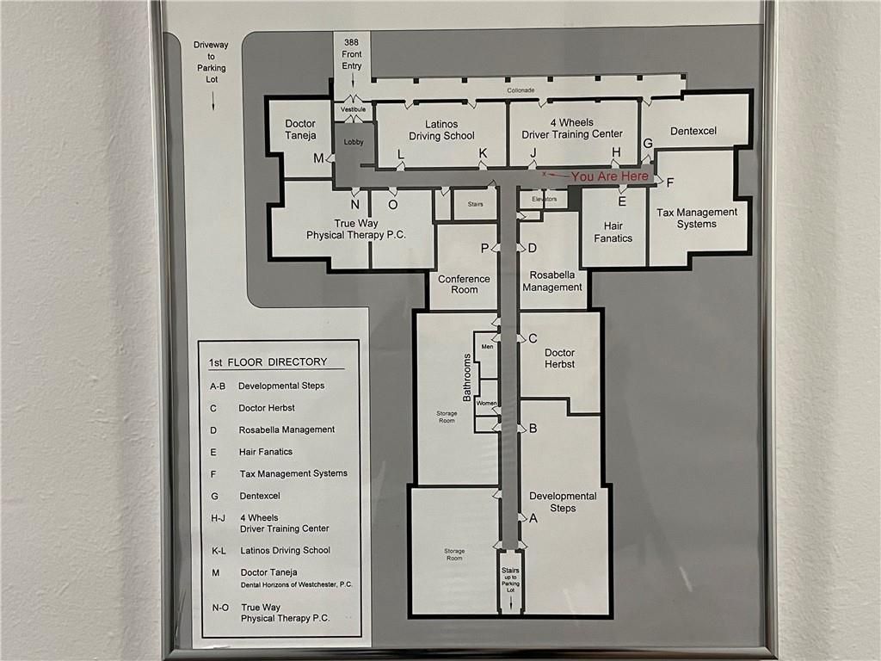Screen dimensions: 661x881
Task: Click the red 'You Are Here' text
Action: [x=610, y=176]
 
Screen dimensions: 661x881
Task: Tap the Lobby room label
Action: [x=354, y=141]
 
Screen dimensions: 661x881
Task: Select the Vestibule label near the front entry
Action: [x=354, y=109]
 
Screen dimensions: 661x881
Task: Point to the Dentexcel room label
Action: [x=693, y=131]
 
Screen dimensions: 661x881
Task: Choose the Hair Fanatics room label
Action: [x=613, y=232]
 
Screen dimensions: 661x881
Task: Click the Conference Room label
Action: [x=464, y=284]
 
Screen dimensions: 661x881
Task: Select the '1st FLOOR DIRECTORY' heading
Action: [x=268, y=362]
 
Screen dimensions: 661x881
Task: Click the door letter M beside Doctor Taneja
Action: [x=318, y=158]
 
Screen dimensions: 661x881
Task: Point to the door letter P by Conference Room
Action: [x=485, y=248]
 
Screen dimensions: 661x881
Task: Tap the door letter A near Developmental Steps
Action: [x=533, y=518]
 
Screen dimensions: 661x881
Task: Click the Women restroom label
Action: [x=487, y=403]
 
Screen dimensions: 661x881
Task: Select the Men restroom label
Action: [x=487, y=346]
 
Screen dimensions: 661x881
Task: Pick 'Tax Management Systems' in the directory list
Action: [x=293, y=473]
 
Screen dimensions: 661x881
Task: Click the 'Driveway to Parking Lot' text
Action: [x=210, y=61]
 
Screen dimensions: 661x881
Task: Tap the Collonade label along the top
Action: [x=521, y=90]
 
